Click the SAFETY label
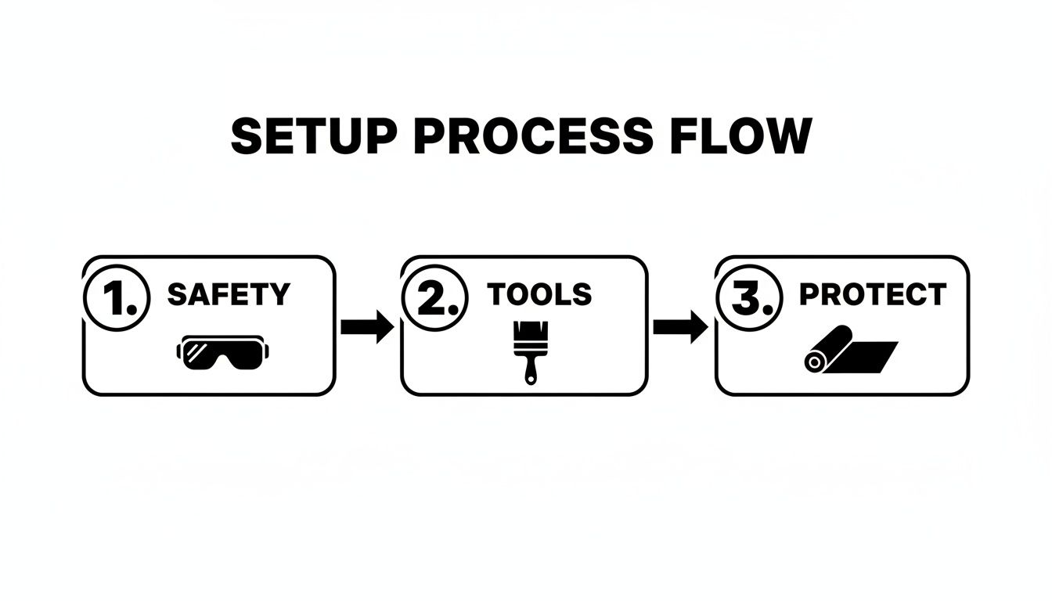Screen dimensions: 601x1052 (229, 295)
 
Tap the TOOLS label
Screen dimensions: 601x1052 (539, 295)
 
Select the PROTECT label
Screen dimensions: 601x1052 (872, 295)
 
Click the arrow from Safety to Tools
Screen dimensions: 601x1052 (367, 326)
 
